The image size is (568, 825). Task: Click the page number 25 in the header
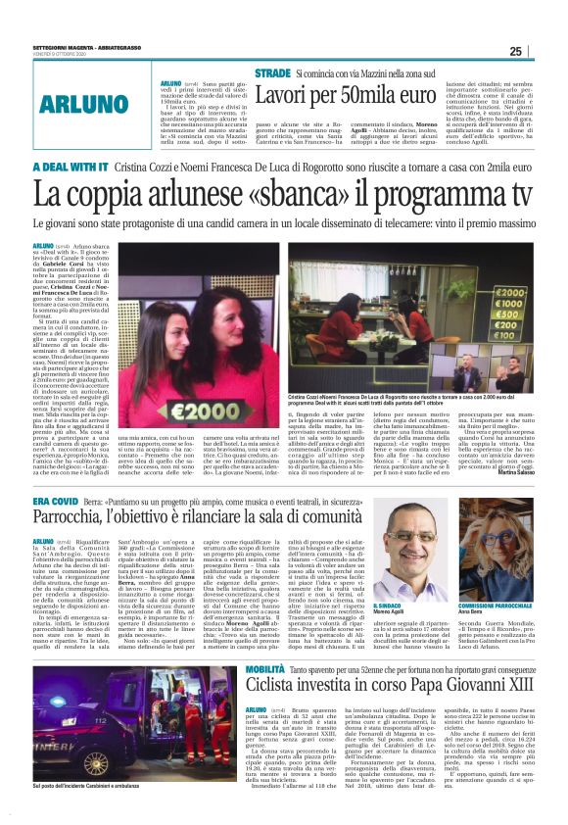[544, 51]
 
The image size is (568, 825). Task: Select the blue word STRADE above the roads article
[272, 73]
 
